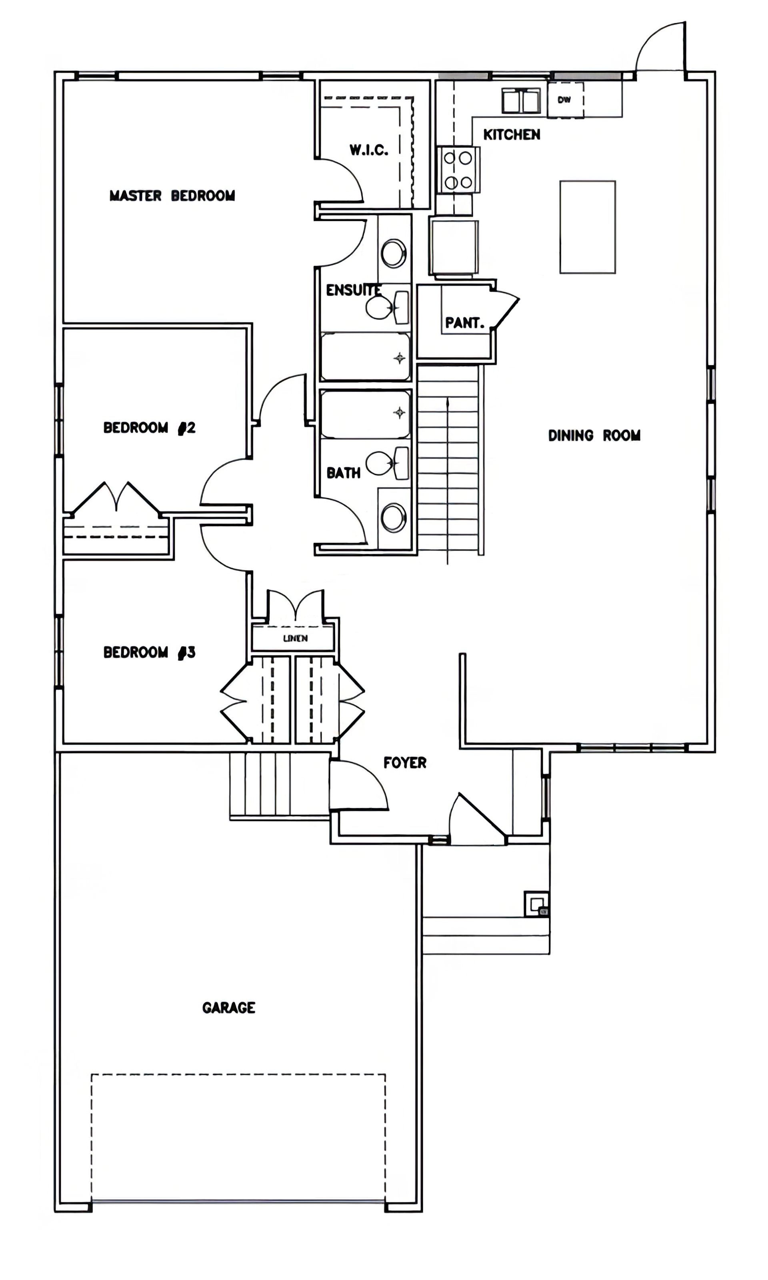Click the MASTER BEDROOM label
pyautogui.click(x=172, y=196)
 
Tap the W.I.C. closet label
pyautogui.click(x=369, y=150)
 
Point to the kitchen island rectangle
pyautogui.click(x=587, y=227)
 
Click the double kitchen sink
pyautogui.click(x=521, y=100)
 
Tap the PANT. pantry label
pyautogui.click(x=465, y=323)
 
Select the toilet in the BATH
pyautogui.click(x=388, y=463)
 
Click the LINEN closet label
pyautogui.click(x=296, y=638)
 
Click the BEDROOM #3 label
pyautogui.click(x=150, y=652)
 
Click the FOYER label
pyautogui.click(x=405, y=762)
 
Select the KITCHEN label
pyautogui.click(x=512, y=134)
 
